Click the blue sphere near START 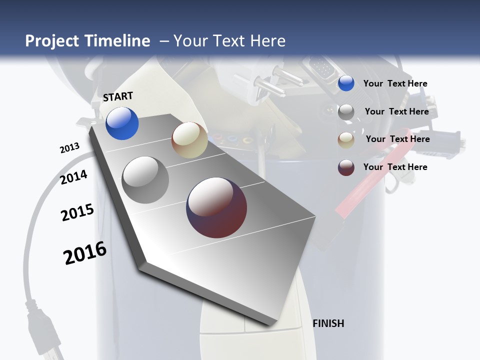pos(122,123)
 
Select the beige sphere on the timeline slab pos(189,140)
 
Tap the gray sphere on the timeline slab pos(145,180)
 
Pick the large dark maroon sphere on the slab pos(216,207)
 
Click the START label pos(118,96)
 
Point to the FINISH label pos(328,323)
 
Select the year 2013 pos(69,148)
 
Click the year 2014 pos(73,177)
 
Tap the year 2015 pos(77,212)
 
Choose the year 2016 pos(85,253)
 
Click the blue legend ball pos(346,83)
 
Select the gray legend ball pos(346,112)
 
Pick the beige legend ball pos(346,140)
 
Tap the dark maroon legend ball pos(346,167)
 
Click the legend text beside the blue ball pos(395,83)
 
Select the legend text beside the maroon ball pos(395,167)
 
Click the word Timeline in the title pos(117,41)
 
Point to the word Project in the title pos(52,41)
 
